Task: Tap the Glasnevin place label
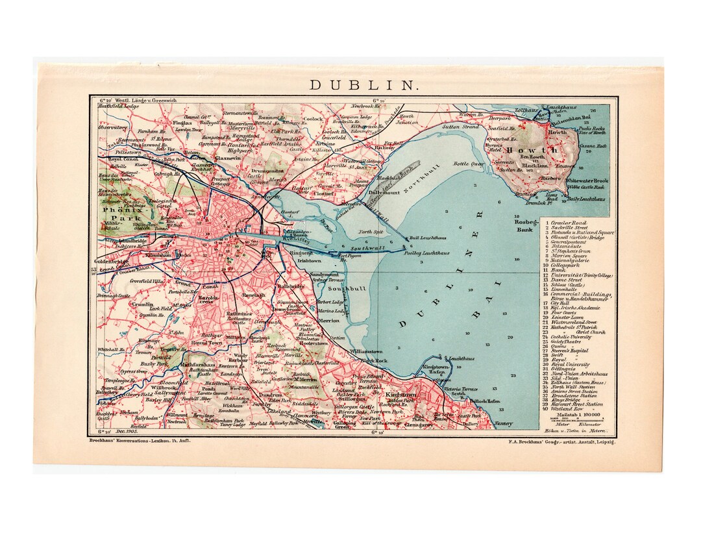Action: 228,158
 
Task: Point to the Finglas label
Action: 183,122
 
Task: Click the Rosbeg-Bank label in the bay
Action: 524,225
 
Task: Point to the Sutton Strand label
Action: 461,127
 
